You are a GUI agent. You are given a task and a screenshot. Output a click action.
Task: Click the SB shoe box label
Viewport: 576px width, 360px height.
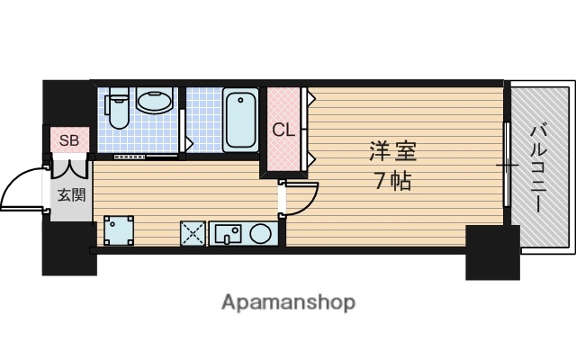click(x=68, y=140)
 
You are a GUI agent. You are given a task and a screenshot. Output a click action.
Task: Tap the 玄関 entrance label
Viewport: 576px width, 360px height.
click(x=71, y=193)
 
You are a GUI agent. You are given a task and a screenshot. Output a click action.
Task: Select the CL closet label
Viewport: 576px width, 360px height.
click(x=283, y=129)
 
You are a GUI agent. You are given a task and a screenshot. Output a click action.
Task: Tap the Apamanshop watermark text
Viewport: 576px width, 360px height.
click(x=288, y=301)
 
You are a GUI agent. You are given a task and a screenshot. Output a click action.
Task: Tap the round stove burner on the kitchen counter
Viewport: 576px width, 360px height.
click(x=261, y=234)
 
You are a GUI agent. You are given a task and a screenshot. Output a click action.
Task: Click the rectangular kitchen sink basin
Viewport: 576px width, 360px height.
click(x=226, y=234)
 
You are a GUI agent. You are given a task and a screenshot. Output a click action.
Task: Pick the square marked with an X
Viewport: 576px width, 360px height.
click(x=192, y=233)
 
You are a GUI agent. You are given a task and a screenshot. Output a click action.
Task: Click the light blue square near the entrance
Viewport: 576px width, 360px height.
click(x=118, y=231)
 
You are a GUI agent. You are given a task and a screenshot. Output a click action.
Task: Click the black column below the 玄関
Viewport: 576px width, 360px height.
click(x=67, y=247)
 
